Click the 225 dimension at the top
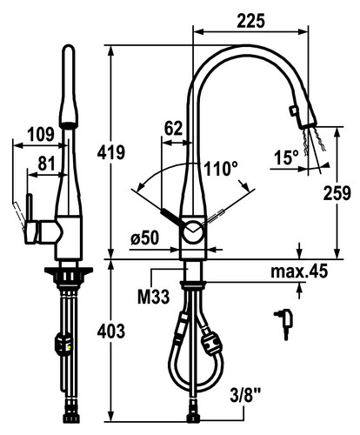pyautogui.click(x=250, y=21)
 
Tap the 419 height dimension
pyautogui.click(x=110, y=152)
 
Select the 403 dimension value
pyautogui.click(x=110, y=331)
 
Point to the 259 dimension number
pyautogui.click(x=337, y=192)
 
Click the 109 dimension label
pyautogui.click(x=41, y=134)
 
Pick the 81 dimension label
pyautogui.click(x=46, y=164)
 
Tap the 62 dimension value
pyautogui.click(x=173, y=128)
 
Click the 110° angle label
pyautogui.click(x=221, y=169)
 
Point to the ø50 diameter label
pyautogui.click(x=144, y=238)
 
